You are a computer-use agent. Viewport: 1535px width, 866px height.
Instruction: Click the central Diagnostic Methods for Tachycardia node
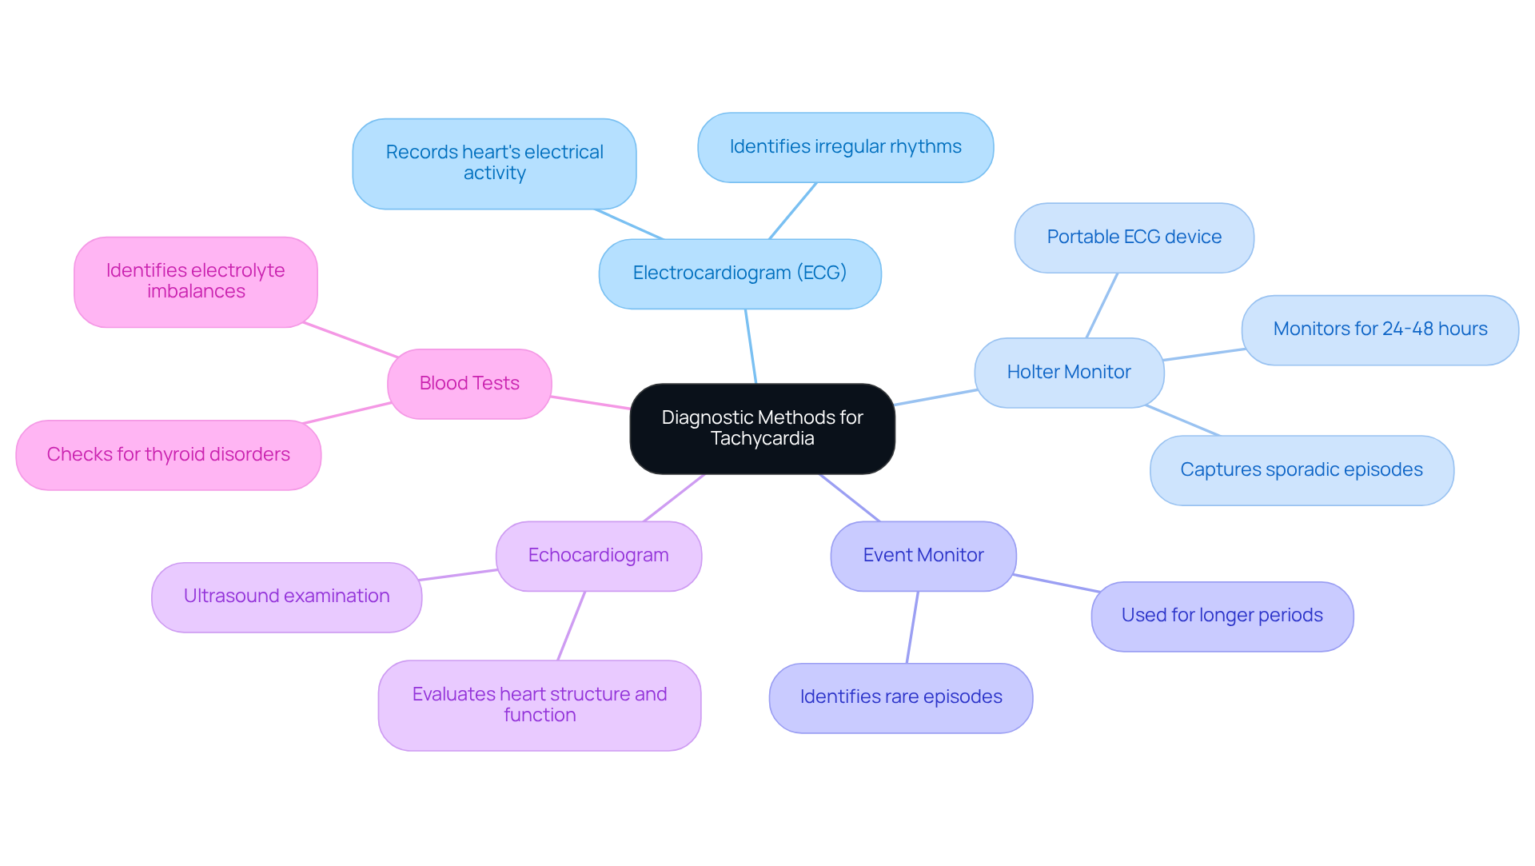click(x=762, y=429)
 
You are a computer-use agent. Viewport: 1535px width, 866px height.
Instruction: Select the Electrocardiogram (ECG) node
click(x=740, y=273)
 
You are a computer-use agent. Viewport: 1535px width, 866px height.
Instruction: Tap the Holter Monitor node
click(x=1068, y=373)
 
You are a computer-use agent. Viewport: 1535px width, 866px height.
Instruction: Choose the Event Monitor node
click(x=923, y=556)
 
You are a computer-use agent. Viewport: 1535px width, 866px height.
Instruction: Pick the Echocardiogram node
click(x=598, y=556)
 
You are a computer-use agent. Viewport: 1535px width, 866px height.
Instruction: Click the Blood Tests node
click(x=469, y=384)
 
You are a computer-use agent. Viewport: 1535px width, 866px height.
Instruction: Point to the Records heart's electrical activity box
click(x=494, y=163)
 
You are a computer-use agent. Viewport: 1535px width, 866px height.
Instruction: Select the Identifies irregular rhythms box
click(x=845, y=147)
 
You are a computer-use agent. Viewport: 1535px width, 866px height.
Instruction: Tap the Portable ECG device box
click(x=1134, y=237)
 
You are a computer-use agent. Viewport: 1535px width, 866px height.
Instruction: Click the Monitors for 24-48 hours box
click(x=1379, y=329)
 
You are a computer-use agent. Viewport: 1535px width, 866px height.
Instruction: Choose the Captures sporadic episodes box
click(x=1301, y=470)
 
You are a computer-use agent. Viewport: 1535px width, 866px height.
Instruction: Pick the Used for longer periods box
click(x=1222, y=616)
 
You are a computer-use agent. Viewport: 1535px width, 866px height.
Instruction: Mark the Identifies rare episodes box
click(x=900, y=697)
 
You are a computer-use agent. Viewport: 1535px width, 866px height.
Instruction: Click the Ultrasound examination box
click(x=286, y=597)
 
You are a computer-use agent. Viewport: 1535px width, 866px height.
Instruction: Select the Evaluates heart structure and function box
click(x=539, y=704)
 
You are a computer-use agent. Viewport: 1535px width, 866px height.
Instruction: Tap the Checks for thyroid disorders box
click(x=168, y=455)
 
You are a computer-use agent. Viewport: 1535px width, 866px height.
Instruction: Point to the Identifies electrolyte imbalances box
click(x=195, y=281)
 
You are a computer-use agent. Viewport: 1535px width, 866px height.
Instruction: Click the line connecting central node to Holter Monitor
click(x=935, y=397)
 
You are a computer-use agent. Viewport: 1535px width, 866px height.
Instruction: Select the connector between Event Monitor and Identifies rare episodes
click(x=912, y=628)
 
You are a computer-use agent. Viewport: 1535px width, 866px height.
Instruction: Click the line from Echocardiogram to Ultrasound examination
click(x=458, y=575)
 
